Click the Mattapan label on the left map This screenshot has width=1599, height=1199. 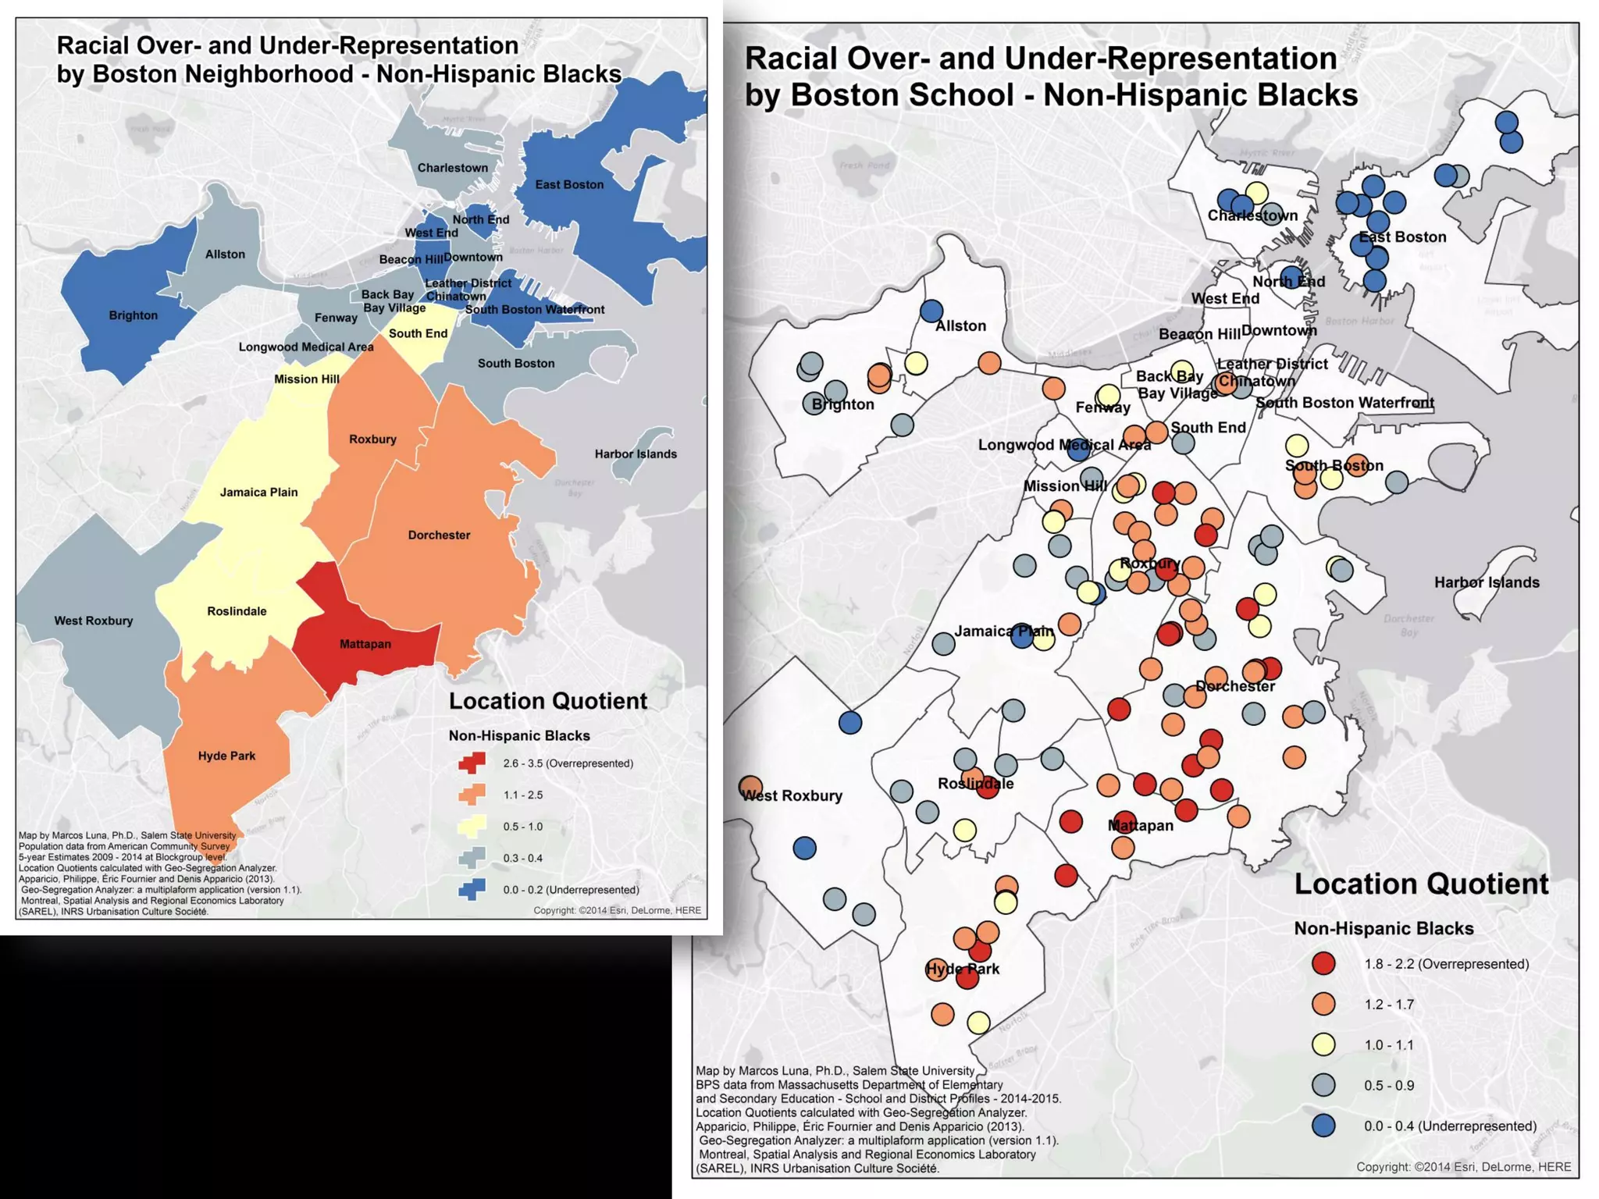(365, 644)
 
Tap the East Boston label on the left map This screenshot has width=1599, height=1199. (569, 185)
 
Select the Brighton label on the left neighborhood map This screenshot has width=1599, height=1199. (134, 315)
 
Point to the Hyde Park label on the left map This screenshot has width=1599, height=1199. (226, 756)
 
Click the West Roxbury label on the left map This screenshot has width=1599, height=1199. (94, 621)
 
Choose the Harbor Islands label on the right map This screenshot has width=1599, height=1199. (1487, 582)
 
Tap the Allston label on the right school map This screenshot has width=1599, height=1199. (960, 326)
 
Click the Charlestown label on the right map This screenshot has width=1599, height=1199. (1252, 216)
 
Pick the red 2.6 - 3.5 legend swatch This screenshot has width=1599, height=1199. (472, 763)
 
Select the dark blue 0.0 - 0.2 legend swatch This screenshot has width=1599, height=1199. (472, 889)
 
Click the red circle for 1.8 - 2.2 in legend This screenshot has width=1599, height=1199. (1323, 963)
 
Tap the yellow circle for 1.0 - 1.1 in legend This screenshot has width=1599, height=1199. (1323, 1044)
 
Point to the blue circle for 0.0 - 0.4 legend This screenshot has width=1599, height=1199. (1323, 1126)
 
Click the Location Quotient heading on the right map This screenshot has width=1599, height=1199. (1421, 884)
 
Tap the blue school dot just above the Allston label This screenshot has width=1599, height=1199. (931, 311)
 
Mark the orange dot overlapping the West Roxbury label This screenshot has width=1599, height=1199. (750, 787)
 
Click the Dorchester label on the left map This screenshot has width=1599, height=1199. (439, 535)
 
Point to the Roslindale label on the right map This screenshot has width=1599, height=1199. (975, 784)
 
